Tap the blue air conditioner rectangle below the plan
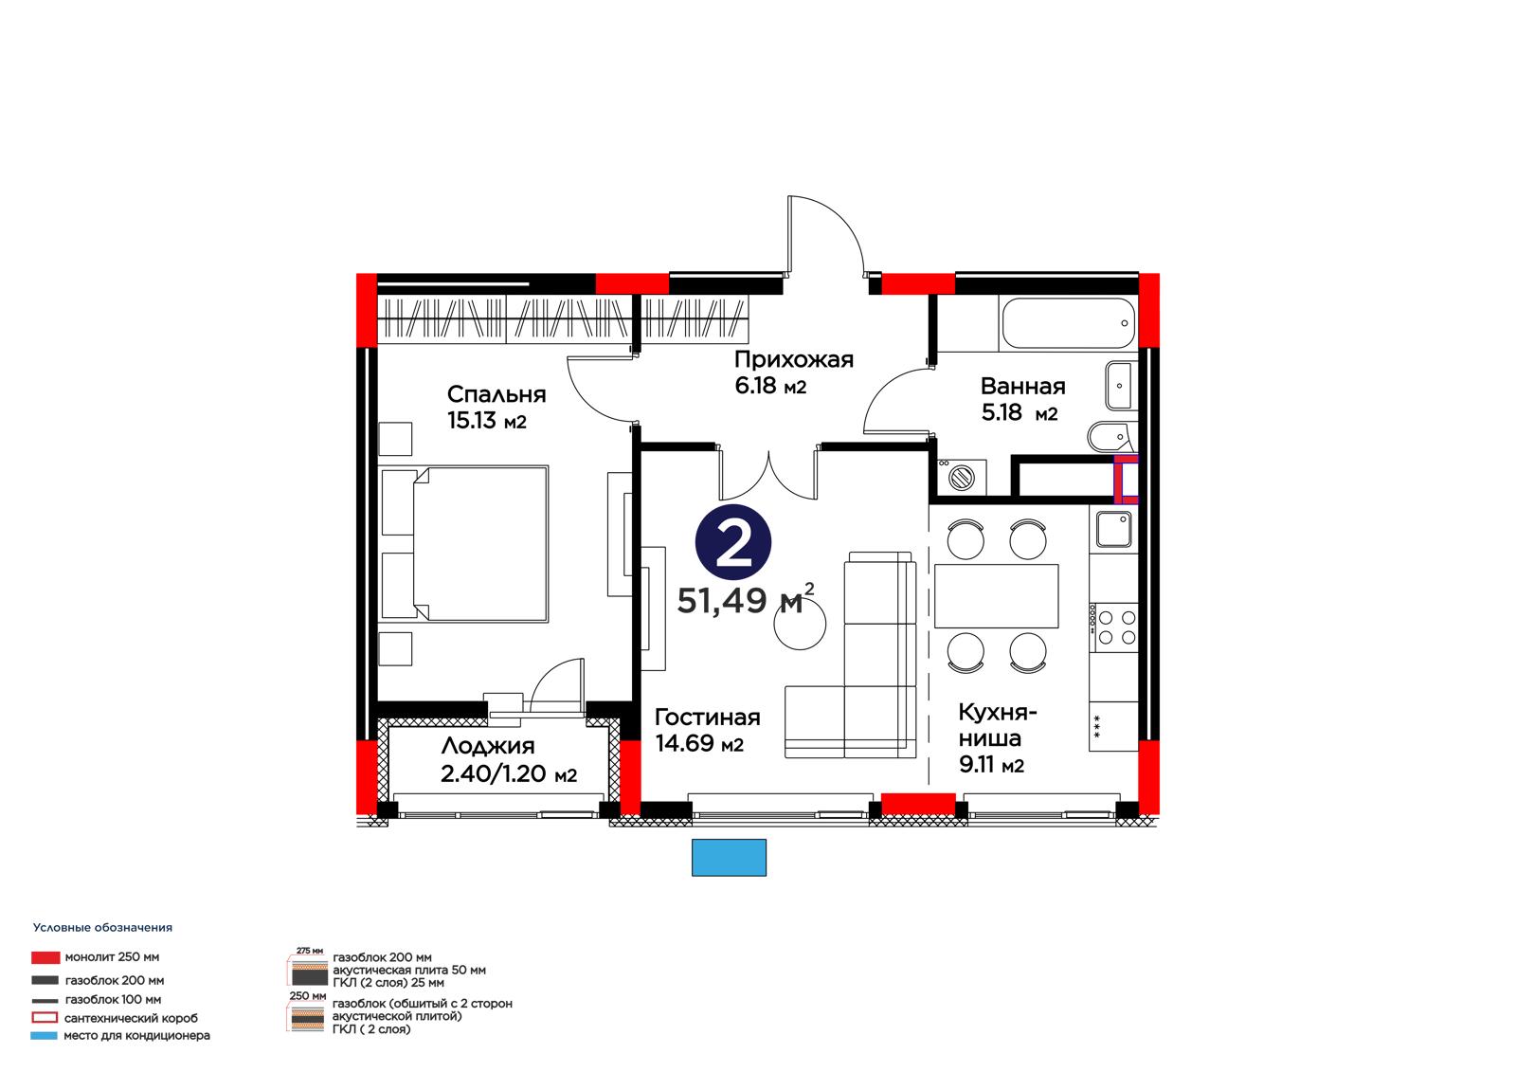pos(729,858)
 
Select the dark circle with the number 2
pos(733,542)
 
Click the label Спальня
pos(496,394)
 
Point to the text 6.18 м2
pos(770,386)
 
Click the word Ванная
pos(1022,387)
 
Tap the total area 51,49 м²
pos(745,599)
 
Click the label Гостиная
pos(707,718)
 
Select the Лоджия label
pos(487,746)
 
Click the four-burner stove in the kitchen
pos(1113,627)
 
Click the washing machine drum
pos(961,478)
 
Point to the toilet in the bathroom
pos(1110,437)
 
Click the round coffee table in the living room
pos(800,625)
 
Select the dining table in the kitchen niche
pos(996,596)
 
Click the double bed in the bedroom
pos(463,544)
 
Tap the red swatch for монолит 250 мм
pos(45,957)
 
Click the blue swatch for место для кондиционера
pos(44,1035)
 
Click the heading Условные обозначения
pos(103,928)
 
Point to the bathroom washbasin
pos(1120,386)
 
